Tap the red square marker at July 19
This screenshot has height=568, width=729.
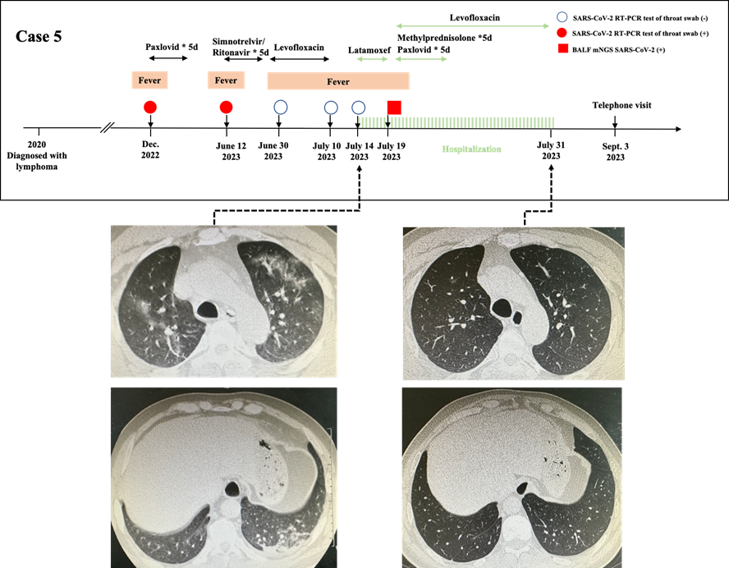(394, 107)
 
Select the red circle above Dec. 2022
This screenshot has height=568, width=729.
(149, 107)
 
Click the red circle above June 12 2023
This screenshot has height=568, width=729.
(227, 107)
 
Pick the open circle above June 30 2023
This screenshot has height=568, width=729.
(280, 107)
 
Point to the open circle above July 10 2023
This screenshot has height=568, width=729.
(331, 107)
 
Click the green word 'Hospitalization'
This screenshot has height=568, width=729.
(471, 149)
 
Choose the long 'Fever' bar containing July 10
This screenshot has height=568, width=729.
(338, 81)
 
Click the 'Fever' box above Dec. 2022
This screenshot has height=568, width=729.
(149, 80)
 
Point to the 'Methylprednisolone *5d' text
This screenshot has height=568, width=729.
(446, 39)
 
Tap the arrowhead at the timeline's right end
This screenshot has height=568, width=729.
(676, 129)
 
